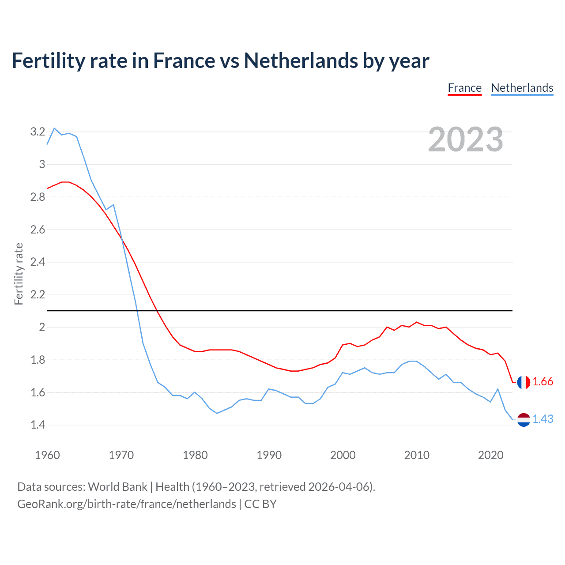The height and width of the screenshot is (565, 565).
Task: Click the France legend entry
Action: tap(464, 88)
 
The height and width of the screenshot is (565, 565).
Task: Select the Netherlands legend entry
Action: tap(522, 88)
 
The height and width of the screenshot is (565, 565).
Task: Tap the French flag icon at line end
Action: tap(524, 382)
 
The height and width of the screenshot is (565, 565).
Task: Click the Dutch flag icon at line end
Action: tap(524, 420)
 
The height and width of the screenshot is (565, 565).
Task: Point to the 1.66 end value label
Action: tap(543, 382)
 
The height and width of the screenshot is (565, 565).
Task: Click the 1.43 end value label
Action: tap(543, 419)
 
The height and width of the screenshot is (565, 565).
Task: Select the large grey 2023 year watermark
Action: tap(466, 139)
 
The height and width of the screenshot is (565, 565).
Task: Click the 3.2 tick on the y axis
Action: tap(38, 132)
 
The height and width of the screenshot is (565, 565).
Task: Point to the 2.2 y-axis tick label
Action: tap(38, 294)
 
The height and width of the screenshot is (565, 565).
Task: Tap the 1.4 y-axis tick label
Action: tap(38, 425)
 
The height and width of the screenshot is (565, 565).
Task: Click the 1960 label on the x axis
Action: tap(47, 455)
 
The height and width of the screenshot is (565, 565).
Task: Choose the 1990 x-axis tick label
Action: tap(269, 455)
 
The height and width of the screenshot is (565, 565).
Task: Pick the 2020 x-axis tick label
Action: tap(490, 455)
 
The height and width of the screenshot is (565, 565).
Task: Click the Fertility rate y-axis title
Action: tap(19, 274)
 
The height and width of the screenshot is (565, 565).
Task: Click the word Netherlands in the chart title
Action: tap(301, 60)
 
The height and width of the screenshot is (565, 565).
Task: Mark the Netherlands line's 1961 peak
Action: tap(54, 128)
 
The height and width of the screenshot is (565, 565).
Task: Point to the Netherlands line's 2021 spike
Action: tap(498, 389)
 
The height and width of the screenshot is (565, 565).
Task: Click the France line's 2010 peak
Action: tap(417, 322)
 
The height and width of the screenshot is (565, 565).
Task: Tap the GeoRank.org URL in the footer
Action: tap(127, 504)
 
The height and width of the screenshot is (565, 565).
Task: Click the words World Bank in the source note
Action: tap(117, 487)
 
